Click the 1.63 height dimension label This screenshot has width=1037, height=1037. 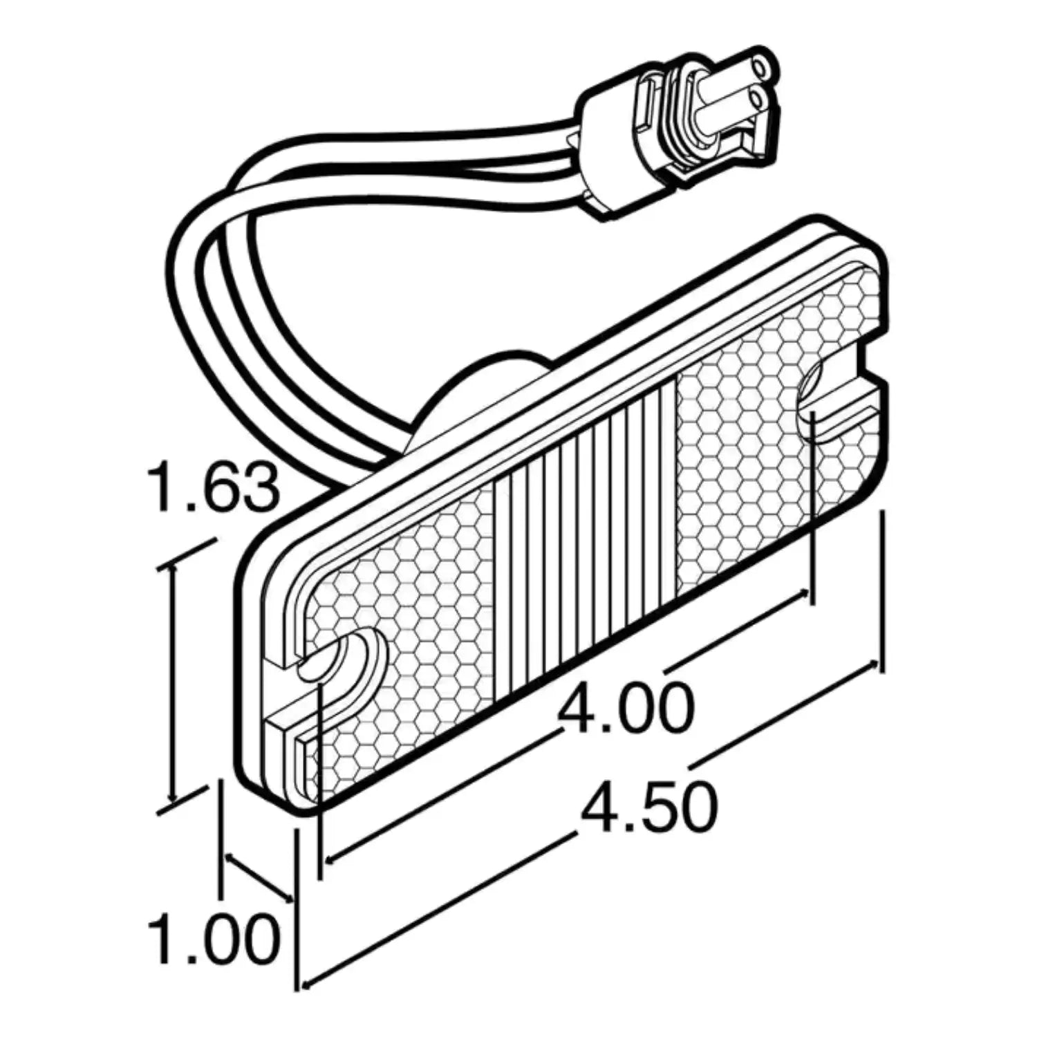coord(213,489)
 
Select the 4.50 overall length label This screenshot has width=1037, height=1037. coord(648,806)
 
